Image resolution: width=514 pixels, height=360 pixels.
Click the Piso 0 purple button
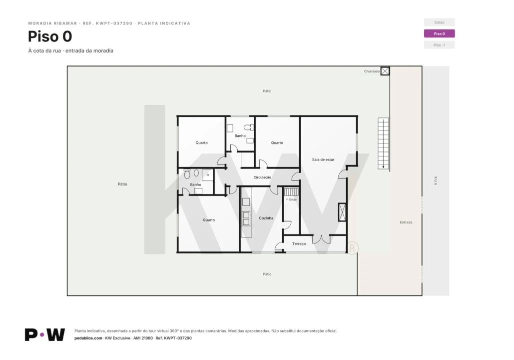click(x=439, y=33)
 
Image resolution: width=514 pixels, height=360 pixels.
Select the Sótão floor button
click(x=439, y=22)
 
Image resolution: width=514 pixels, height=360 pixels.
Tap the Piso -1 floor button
click(x=439, y=45)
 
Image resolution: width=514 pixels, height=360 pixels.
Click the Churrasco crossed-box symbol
click(x=385, y=71)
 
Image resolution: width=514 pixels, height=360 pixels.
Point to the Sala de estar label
click(x=323, y=159)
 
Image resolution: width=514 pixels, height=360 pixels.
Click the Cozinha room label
click(x=266, y=218)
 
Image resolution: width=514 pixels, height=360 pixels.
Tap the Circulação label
click(x=262, y=177)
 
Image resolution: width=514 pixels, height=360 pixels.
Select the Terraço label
click(x=299, y=244)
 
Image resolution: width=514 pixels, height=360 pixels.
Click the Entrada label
click(x=406, y=222)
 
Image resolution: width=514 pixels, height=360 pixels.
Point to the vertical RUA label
click(x=436, y=181)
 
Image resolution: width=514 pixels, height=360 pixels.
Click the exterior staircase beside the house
click(x=383, y=143)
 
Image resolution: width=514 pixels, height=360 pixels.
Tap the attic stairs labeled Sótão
click(x=291, y=192)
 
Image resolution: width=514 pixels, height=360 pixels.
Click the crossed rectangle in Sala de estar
click(x=342, y=212)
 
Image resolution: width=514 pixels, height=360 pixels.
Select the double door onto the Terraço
click(x=321, y=239)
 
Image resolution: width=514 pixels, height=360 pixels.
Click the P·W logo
click(x=45, y=334)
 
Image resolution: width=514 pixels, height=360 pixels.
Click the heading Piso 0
click(x=50, y=36)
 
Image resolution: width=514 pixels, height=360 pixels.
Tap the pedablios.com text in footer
click(x=88, y=338)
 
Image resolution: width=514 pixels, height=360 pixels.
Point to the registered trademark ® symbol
click(x=352, y=248)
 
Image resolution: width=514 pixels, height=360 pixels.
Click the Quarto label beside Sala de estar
click(x=277, y=143)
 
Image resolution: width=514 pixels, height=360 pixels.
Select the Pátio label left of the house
click(x=122, y=184)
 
